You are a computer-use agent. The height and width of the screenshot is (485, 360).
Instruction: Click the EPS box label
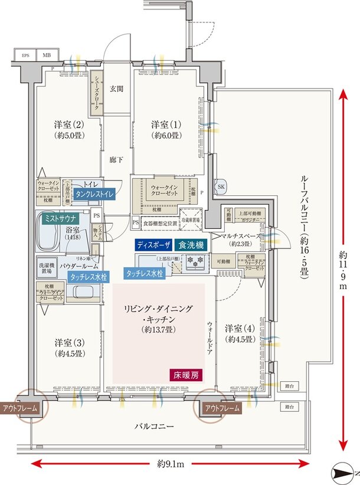click(26, 56)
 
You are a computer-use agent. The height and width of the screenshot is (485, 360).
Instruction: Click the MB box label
click(47, 56)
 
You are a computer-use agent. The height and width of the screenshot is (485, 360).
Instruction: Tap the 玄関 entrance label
click(116, 89)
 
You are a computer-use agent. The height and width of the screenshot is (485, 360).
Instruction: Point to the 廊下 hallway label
click(116, 159)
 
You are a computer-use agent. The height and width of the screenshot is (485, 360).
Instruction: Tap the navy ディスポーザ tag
click(153, 244)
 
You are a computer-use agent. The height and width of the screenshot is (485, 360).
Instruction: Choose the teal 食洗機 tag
click(191, 244)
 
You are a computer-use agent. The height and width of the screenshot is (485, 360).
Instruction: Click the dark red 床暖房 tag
click(186, 374)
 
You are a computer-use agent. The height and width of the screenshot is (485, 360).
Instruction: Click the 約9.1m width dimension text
click(171, 464)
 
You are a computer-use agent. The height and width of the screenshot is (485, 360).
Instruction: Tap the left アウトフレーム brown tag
click(21, 408)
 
